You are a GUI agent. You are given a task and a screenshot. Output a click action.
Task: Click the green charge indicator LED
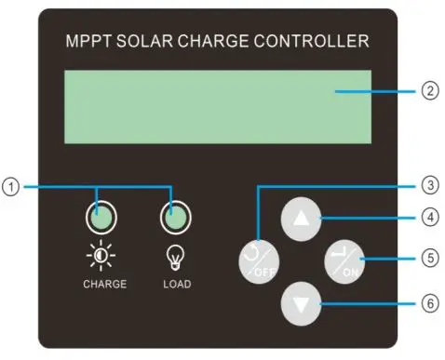tap(103, 219)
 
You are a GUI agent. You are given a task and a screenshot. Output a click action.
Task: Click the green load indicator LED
tap(172, 219)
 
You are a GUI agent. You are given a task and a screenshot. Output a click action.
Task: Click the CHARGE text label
tap(102, 284)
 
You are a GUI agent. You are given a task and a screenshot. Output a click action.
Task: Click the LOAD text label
tap(172, 284)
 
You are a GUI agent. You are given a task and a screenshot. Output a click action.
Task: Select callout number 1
tap(10, 188)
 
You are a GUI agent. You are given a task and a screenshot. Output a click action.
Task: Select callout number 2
tap(429, 91)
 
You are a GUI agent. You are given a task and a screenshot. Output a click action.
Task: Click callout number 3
tap(429, 185)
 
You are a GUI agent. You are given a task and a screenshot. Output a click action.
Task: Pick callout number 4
tap(429, 220)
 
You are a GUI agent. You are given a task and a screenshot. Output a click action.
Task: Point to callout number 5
tap(429, 260)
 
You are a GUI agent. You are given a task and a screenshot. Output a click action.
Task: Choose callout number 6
tap(429, 302)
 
